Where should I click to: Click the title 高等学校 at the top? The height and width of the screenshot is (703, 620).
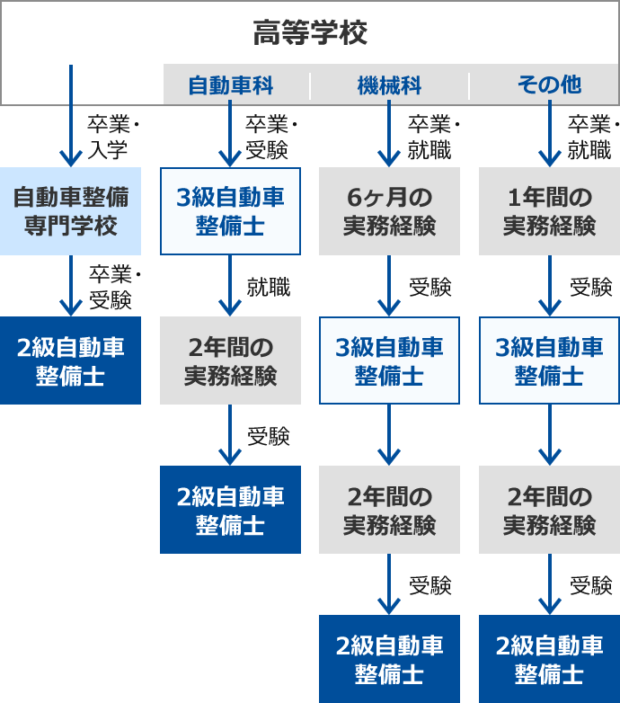click(x=310, y=34)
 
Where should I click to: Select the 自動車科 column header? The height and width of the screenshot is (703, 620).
click(x=230, y=85)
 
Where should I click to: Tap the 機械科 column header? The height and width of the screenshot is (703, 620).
click(x=389, y=85)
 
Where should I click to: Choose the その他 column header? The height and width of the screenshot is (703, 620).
click(x=549, y=85)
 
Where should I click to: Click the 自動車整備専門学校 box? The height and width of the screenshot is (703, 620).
click(x=70, y=210)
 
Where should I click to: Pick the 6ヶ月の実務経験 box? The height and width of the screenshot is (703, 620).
click(x=389, y=210)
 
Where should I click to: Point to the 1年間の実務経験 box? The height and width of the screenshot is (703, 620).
click(x=549, y=210)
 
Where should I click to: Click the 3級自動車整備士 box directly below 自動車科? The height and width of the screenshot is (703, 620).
click(x=230, y=210)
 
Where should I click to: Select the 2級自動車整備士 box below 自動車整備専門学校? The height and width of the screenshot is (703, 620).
click(x=70, y=360)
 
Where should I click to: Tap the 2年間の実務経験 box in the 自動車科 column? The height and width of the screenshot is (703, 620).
click(x=230, y=360)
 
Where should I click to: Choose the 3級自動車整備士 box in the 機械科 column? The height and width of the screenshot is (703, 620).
click(x=389, y=360)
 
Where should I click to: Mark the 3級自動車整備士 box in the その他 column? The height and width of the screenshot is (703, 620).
click(x=549, y=360)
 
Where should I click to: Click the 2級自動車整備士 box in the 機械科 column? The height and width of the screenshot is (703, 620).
click(x=389, y=658)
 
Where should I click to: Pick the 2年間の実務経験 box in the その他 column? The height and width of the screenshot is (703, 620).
click(x=549, y=509)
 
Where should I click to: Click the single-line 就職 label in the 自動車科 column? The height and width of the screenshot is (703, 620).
click(x=269, y=287)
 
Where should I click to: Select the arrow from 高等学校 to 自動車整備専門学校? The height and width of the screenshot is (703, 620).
click(x=70, y=117)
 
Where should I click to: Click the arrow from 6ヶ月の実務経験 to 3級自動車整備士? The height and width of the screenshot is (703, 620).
click(x=389, y=286)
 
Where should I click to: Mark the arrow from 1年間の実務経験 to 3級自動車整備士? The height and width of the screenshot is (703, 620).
click(x=549, y=286)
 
